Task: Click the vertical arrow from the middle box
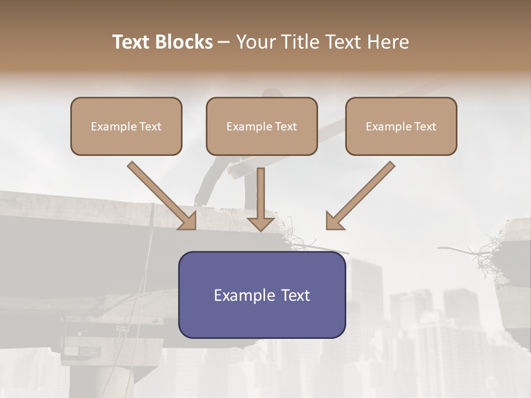[261, 193]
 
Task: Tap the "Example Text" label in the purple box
[262, 295]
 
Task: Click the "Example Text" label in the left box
[126, 127]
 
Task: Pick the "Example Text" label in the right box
[401, 127]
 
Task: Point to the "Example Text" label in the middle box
[262, 127]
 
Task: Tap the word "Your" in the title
[255, 42]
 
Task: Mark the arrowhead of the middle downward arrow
[261, 223]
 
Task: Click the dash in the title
[224, 42]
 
